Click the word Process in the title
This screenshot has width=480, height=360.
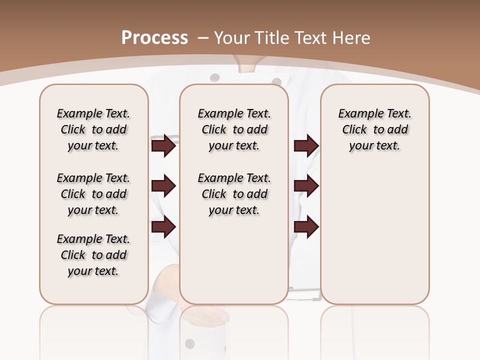(154, 38)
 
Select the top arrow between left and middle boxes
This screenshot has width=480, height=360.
(163, 145)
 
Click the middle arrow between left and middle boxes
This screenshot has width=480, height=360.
(163, 186)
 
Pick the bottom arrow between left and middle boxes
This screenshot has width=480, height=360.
(163, 227)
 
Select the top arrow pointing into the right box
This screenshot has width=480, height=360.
(306, 145)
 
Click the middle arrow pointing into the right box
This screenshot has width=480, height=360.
(306, 186)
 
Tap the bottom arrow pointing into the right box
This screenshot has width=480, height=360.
(306, 227)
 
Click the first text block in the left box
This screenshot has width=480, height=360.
(93, 129)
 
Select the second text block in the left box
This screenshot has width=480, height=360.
(93, 194)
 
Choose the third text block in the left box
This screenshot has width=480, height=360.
(93, 255)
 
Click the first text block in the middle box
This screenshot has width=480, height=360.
(234, 129)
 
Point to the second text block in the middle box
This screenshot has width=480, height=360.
(234, 194)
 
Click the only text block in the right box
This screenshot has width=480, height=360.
(375, 129)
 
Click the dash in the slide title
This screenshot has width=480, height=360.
(202, 38)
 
